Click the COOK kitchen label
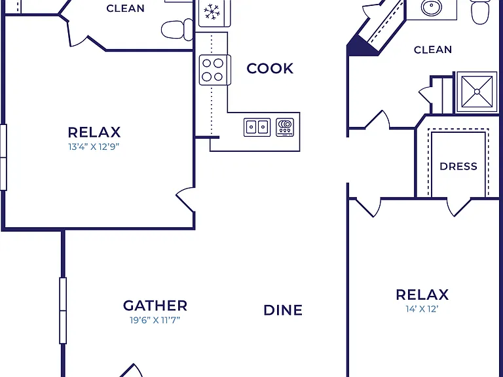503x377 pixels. (x=270, y=69)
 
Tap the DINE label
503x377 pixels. (x=283, y=310)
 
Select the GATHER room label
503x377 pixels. (x=155, y=306)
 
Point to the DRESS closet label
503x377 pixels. (x=458, y=166)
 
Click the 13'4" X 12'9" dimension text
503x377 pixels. (x=94, y=147)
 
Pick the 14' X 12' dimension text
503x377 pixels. (x=422, y=309)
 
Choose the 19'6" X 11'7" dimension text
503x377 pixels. (x=155, y=320)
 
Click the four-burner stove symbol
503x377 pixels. (x=215, y=70)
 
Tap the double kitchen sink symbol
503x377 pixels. (x=257, y=127)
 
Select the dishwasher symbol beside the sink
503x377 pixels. (x=285, y=127)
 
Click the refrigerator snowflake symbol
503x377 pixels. (x=212, y=12)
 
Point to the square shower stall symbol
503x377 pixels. (x=477, y=92)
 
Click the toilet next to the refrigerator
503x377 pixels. (x=177, y=30)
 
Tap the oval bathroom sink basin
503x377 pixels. (x=431, y=7)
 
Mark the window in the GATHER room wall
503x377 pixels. (x=63, y=311)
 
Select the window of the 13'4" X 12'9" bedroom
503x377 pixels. (x=3, y=157)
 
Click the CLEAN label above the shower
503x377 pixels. (x=433, y=50)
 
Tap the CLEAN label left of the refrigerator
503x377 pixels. (x=126, y=9)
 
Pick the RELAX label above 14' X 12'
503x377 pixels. (x=422, y=295)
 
